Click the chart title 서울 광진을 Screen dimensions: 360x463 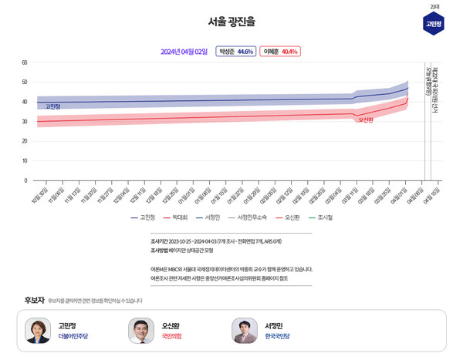click(x=231, y=22)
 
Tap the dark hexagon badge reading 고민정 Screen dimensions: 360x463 click(x=434, y=24)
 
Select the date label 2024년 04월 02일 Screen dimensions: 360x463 click(x=184, y=52)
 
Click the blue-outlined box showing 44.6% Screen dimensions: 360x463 click(x=235, y=52)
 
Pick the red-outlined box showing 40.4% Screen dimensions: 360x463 click(x=279, y=52)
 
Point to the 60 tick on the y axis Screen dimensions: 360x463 click(x=25, y=62)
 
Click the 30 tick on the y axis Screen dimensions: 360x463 click(x=25, y=122)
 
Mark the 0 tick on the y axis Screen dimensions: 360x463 click(x=25, y=180)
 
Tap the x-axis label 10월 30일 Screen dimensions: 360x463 click(x=40, y=196)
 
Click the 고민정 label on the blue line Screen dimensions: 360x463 click(x=52, y=106)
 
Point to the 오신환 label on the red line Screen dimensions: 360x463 click(x=366, y=120)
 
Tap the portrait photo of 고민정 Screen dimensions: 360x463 click(x=38, y=331)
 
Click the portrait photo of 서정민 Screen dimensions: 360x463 click(x=245, y=331)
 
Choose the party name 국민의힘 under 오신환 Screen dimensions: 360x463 click(x=171, y=337)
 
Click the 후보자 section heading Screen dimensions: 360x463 click(x=34, y=300)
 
